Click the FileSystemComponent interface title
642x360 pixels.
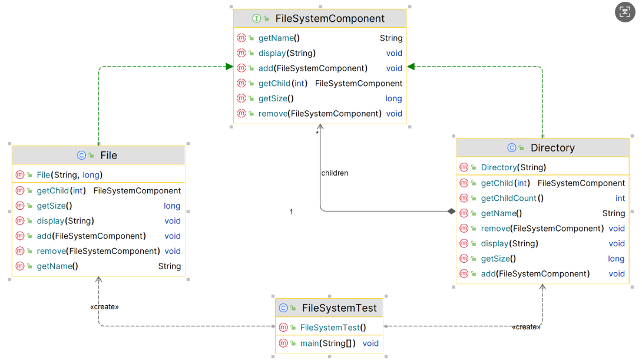coord(330,19)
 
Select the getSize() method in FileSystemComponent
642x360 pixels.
coord(276,98)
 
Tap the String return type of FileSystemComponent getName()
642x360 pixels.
coord(391,38)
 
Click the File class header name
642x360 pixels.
coord(108,156)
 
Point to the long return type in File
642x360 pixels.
coord(172,206)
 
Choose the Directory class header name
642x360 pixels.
coord(552,148)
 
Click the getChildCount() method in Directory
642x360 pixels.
coord(512,199)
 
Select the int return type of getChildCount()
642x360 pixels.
coord(620,199)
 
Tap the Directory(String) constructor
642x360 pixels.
coord(513,167)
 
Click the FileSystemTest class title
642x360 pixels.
coord(339,308)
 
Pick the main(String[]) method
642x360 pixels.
coord(327,344)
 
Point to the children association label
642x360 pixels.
coord(335,173)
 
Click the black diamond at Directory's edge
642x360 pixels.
coord(451,211)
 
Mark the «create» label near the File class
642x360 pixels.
coord(104,307)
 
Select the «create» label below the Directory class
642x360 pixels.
coord(526,327)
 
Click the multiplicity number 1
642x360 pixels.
coord(291,212)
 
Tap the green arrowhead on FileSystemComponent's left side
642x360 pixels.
coord(229,67)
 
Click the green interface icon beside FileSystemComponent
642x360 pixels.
coord(257,19)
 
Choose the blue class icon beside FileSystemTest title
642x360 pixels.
coord(283,308)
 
